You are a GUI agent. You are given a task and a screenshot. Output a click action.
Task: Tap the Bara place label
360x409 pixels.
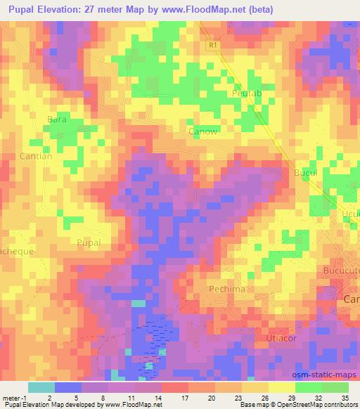(56, 119)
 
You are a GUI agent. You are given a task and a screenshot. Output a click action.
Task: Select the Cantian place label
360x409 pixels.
(36, 156)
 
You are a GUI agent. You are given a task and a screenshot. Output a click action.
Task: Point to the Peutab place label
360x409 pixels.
(245, 93)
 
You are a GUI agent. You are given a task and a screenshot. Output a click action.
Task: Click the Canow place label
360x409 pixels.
(202, 131)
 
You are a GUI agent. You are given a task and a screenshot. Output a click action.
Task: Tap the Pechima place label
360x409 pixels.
(226, 289)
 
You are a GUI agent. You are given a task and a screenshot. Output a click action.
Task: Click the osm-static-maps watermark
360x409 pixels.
(328, 375)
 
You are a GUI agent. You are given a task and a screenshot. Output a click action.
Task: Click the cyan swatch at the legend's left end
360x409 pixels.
(41, 387)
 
